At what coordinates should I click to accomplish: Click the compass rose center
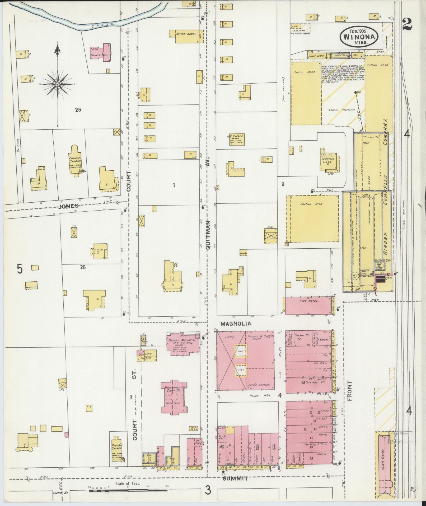(57, 84)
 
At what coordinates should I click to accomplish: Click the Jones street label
(68, 206)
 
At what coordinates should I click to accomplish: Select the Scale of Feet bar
(128, 490)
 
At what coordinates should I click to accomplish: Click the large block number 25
(78, 110)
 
